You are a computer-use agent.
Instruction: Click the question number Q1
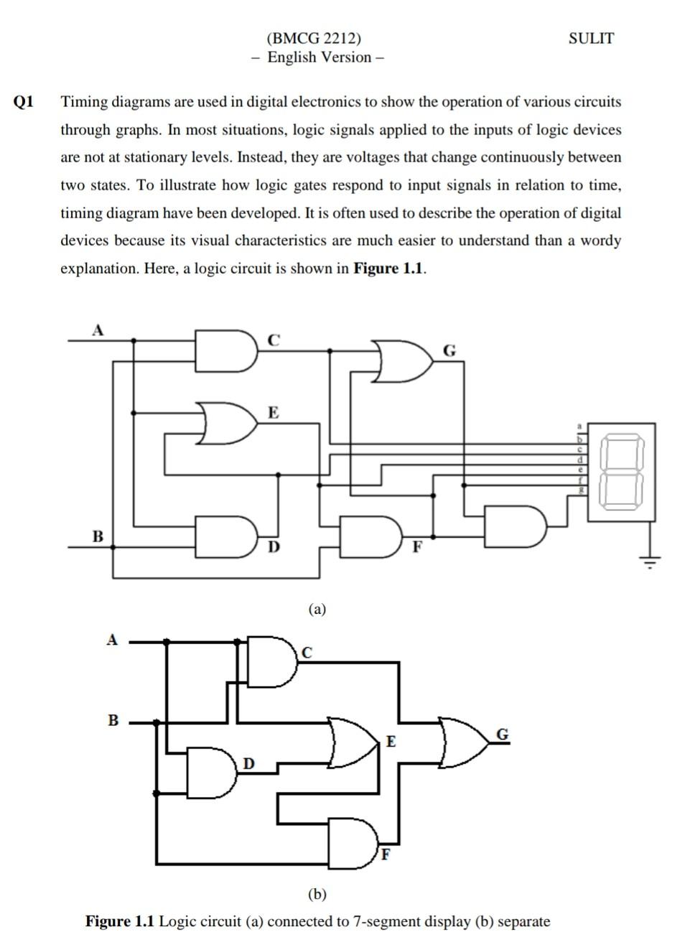(x=24, y=102)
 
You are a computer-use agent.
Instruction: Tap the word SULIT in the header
(x=591, y=39)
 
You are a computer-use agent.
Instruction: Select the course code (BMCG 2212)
(x=314, y=39)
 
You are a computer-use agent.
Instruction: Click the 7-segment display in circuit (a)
(x=621, y=471)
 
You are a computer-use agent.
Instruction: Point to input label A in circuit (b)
(x=111, y=640)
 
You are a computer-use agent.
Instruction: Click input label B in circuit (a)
(x=98, y=536)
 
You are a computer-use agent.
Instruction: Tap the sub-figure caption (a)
(x=317, y=610)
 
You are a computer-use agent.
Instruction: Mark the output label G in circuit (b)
(x=503, y=734)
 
